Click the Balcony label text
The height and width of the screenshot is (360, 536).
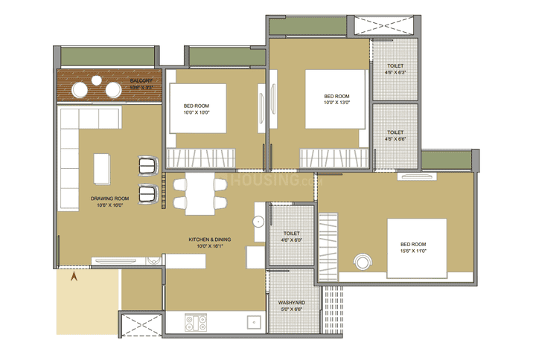pos(141,80)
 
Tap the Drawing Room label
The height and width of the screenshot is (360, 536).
pos(110,199)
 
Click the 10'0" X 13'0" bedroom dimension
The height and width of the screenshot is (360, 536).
pos(336,103)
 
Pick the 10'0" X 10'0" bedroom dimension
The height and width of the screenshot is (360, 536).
pos(197,114)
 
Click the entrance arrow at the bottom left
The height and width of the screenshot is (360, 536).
pos(74,277)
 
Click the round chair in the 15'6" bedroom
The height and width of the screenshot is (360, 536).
pos(363,262)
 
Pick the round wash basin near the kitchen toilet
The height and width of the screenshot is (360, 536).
pos(257,221)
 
